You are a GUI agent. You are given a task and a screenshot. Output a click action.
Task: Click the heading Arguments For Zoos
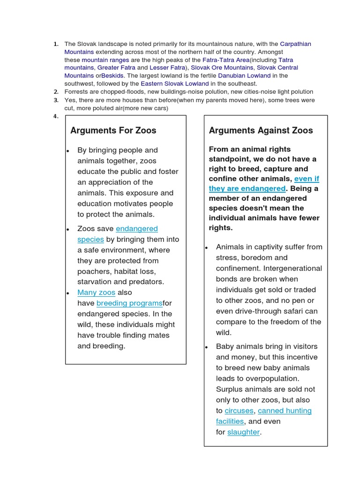(x=113, y=130)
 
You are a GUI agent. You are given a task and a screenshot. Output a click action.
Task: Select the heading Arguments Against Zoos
(x=261, y=130)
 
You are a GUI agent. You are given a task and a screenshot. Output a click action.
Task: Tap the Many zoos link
(x=96, y=292)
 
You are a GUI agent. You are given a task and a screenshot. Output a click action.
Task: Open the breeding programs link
(x=129, y=303)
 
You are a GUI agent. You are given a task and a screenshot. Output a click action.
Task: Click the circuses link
(x=239, y=411)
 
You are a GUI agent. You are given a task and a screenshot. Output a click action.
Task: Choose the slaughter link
(x=243, y=432)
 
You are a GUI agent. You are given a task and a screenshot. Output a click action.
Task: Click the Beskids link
(x=112, y=75)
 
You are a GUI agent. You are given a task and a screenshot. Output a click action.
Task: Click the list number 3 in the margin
(x=55, y=100)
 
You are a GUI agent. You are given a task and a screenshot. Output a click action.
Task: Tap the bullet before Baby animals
(x=207, y=347)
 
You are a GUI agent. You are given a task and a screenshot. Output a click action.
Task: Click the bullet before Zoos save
(x=68, y=229)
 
